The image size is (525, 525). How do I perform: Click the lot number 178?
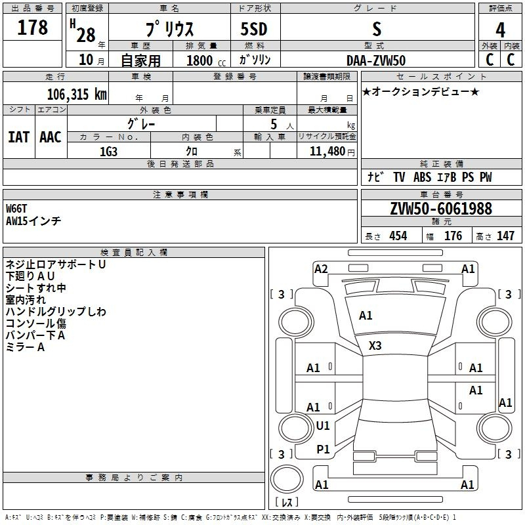click(33, 28)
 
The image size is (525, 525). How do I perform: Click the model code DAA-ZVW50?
click(376, 60)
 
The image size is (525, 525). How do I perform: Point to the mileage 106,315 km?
click(77, 94)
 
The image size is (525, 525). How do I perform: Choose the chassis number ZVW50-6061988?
click(441, 209)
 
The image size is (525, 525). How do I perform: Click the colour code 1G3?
click(108, 151)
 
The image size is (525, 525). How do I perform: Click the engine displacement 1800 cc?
click(200, 60)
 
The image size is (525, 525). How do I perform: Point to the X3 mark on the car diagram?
click(375, 345)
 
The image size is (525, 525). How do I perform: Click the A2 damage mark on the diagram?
click(321, 268)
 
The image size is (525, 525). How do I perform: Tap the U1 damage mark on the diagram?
click(323, 426)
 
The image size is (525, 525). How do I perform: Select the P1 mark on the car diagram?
click(323, 449)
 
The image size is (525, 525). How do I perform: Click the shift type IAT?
click(18, 136)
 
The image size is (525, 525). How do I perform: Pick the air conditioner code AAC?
click(50, 136)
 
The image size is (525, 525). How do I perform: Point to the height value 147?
click(505, 236)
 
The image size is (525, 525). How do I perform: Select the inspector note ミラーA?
click(25, 347)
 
